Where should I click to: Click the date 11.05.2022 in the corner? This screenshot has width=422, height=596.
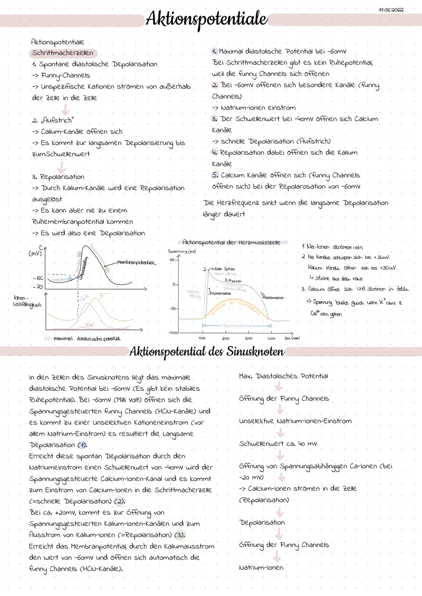click(x=391, y=9)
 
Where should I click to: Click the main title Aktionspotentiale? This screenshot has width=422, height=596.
click(x=206, y=19)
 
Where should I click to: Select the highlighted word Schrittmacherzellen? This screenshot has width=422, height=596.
click(x=63, y=53)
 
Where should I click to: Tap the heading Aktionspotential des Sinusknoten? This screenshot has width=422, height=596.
click(x=207, y=351)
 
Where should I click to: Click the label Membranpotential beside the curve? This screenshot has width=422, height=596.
click(x=136, y=263)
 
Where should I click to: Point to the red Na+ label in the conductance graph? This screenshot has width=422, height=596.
click(x=90, y=324)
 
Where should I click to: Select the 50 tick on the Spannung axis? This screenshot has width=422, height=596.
click(x=172, y=260)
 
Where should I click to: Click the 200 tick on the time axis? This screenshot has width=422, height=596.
click(x=225, y=338)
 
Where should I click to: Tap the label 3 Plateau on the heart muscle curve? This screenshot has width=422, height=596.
click(x=233, y=281)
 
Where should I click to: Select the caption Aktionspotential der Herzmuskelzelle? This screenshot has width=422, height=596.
click(x=231, y=242)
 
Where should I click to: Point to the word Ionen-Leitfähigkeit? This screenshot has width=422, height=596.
click(x=27, y=301)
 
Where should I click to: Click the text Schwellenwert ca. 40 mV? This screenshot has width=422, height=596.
click(x=278, y=444)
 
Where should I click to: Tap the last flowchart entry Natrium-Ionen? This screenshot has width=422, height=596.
click(x=261, y=567)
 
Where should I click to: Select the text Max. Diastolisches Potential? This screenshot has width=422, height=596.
click(x=283, y=376)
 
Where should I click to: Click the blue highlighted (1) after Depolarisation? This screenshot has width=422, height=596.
click(x=82, y=445)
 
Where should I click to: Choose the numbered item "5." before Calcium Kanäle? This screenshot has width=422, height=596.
click(x=215, y=175)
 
